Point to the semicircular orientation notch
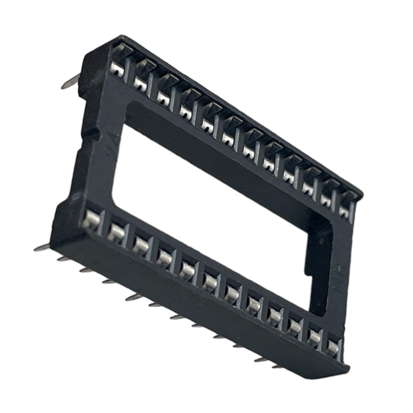tap(92, 133)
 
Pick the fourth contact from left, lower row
tap(164, 255)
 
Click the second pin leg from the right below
tap(262, 360)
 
